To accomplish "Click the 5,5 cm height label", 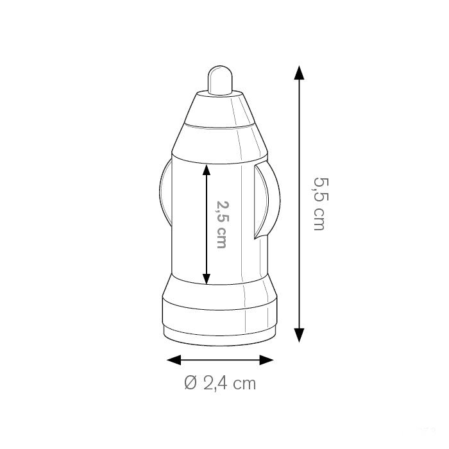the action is [319, 204].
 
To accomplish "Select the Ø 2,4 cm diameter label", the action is [220, 383].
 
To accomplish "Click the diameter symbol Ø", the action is [191, 383].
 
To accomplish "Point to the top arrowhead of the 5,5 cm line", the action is [299, 72].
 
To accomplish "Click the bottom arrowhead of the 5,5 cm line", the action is [299, 335].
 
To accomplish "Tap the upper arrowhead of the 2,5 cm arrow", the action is [206, 169].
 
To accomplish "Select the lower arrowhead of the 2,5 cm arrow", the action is [206, 279].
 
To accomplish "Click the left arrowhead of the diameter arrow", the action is [174, 360].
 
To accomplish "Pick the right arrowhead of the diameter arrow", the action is [267, 360].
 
